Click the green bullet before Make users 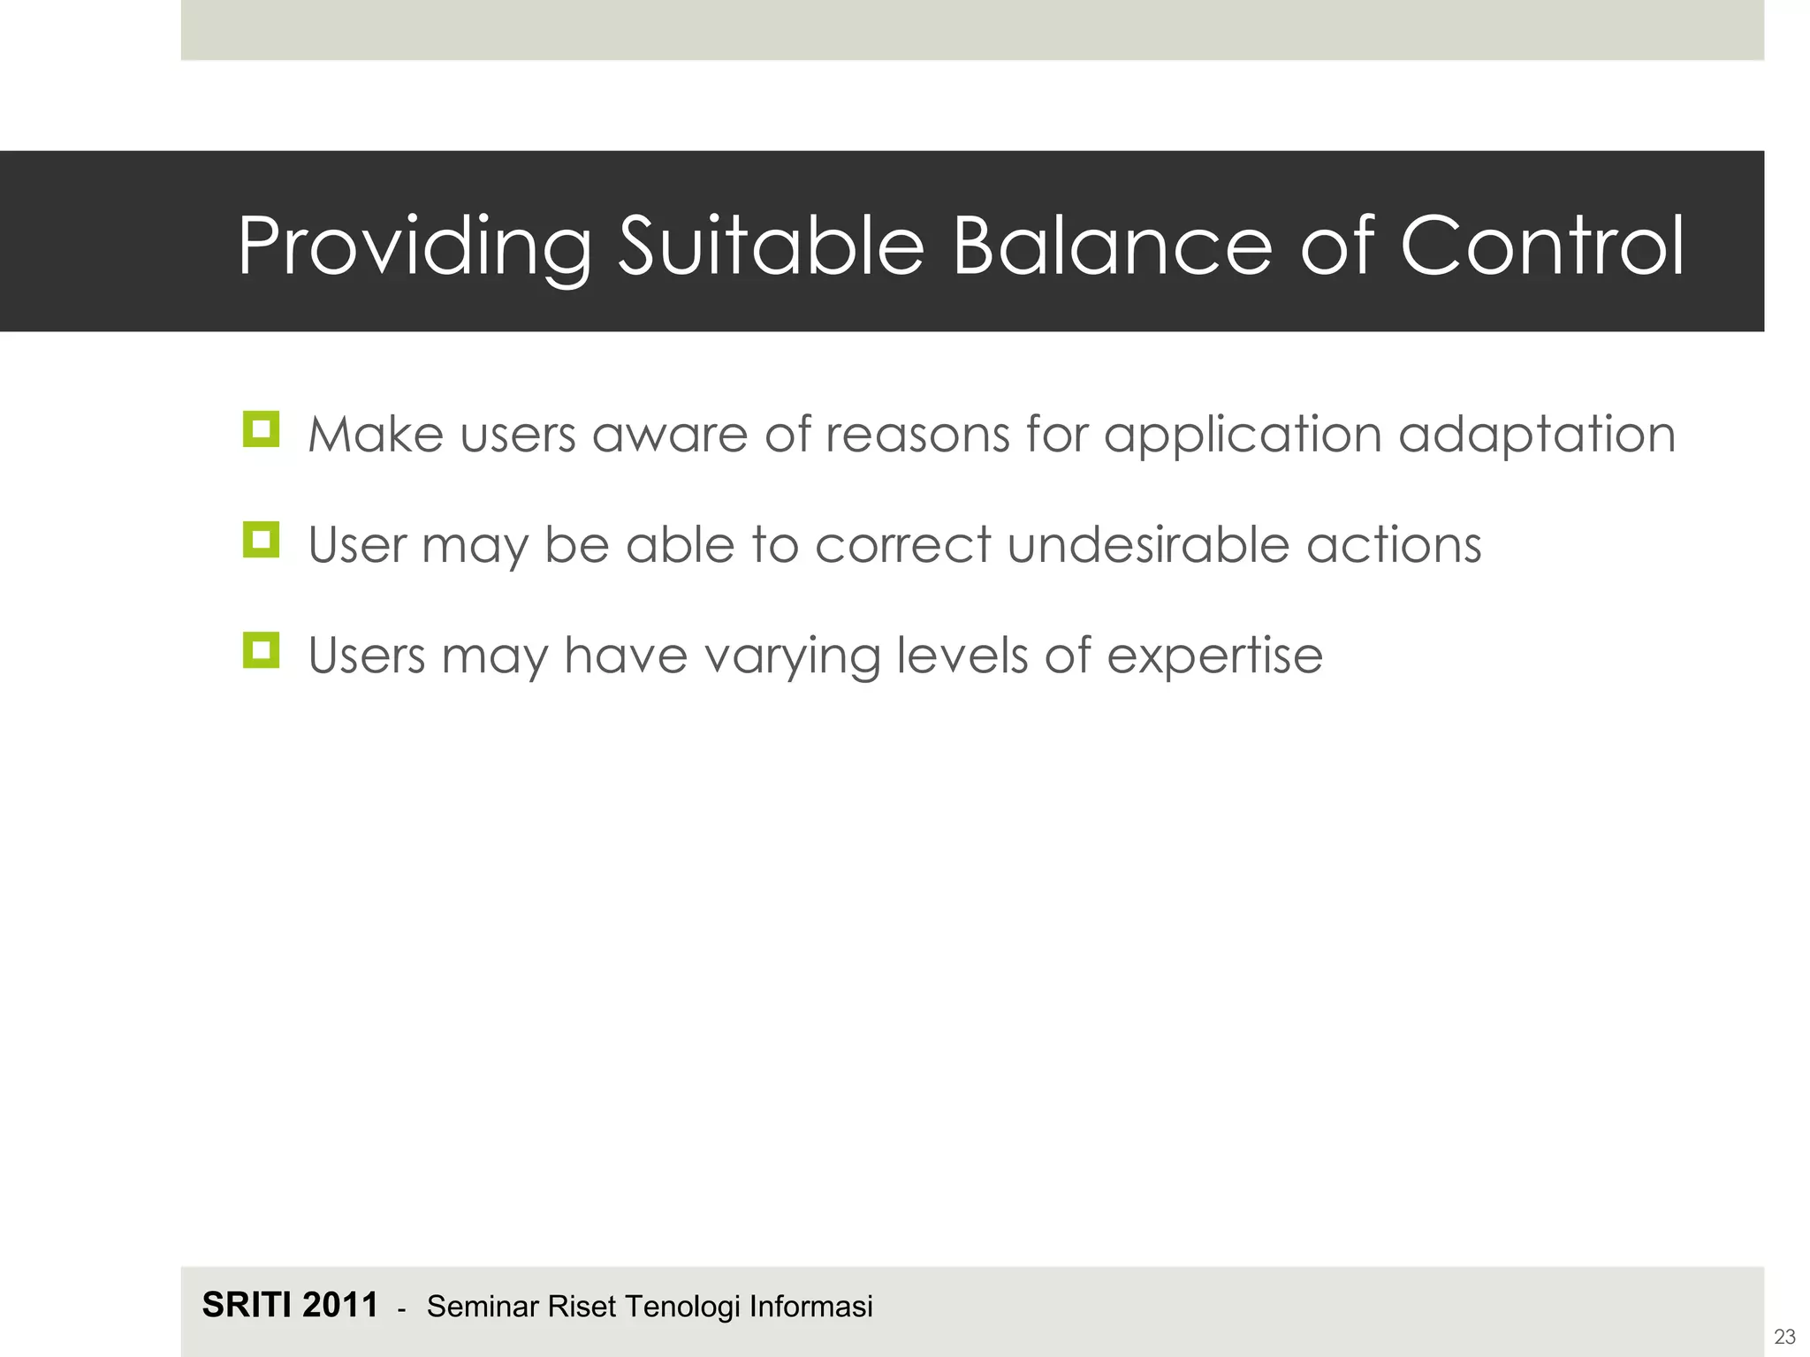pyautogui.click(x=261, y=429)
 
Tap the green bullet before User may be pyautogui.click(x=261, y=540)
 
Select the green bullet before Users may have pyautogui.click(x=261, y=650)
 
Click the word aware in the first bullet pyautogui.click(x=670, y=436)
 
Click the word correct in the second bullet pyautogui.click(x=902, y=546)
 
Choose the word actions pyautogui.click(x=1394, y=546)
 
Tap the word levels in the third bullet pyautogui.click(x=962, y=655)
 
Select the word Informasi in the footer pyautogui.click(x=810, y=1307)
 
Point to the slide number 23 pyautogui.click(x=1784, y=1337)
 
